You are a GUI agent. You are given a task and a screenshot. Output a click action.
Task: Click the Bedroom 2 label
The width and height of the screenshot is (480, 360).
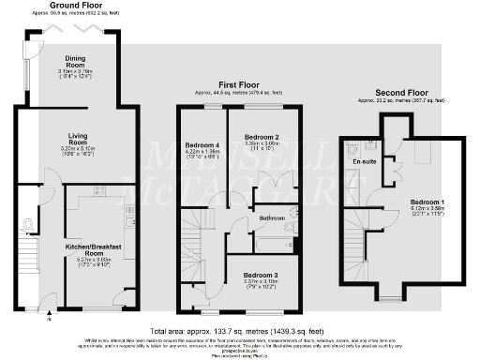point(263,138)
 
